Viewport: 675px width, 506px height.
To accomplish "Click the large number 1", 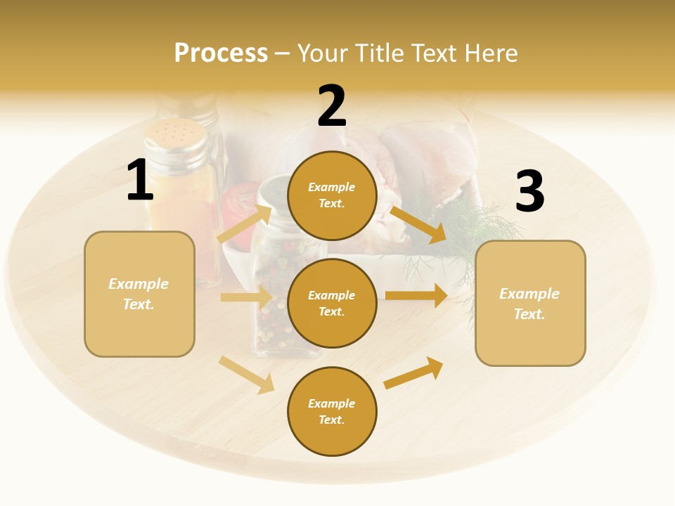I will (x=140, y=180).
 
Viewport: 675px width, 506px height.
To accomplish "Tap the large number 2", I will (x=332, y=106).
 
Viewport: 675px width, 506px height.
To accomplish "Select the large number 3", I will (x=529, y=191).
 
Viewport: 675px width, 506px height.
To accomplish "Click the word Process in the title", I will (x=221, y=53).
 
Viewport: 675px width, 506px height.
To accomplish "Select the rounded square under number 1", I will (x=139, y=294).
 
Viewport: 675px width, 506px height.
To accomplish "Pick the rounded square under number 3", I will (x=530, y=304).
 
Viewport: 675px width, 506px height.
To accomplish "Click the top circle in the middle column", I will (x=332, y=195).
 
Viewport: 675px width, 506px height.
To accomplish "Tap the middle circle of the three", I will (x=332, y=303).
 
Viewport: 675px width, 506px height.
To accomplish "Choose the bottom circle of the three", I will (x=332, y=411).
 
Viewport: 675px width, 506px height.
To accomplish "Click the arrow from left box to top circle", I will (x=245, y=223).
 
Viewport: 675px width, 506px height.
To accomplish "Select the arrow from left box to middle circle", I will (x=246, y=297).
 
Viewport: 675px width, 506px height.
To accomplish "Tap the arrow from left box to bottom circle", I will (x=246, y=375).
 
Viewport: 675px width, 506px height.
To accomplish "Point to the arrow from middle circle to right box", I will (x=416, y=296).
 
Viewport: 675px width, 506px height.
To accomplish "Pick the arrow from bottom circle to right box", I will (x=413, y=373).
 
